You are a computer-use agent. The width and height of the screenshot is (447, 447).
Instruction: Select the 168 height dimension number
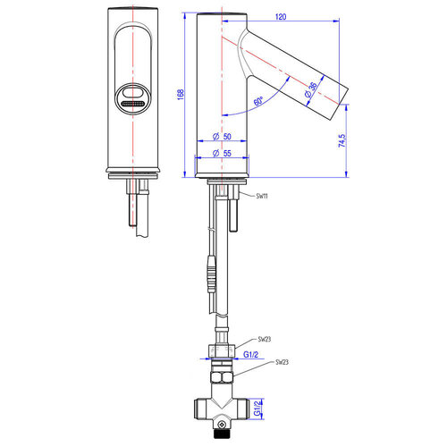pos(181,95)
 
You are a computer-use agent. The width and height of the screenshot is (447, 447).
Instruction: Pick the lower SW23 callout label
pos(282,362)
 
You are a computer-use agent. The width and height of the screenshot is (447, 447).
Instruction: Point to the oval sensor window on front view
pos(135,97)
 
